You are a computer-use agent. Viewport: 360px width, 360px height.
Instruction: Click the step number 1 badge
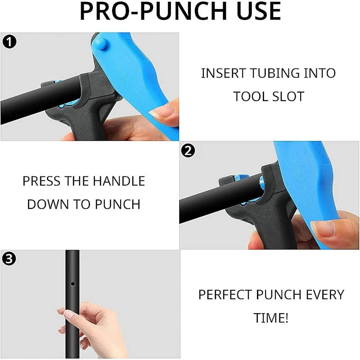9,42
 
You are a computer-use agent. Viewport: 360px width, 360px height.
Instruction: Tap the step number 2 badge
188,151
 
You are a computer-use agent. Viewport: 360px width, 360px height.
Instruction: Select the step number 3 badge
9,259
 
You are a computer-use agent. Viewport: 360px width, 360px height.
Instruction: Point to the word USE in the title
259,11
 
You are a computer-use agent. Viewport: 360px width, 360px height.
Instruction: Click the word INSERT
224,73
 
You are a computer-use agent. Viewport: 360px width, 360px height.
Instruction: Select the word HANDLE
119,181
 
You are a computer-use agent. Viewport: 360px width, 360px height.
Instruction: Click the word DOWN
48,204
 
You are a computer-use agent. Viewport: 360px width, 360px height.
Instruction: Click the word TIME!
271,318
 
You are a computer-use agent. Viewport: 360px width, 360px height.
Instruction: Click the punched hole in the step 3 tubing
73,284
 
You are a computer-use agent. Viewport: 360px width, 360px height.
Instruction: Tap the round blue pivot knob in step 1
100,44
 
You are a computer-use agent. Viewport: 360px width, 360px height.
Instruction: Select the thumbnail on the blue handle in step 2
323,229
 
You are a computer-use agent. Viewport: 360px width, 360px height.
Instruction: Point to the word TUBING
274,73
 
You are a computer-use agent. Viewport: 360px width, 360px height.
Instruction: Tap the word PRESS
41,181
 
